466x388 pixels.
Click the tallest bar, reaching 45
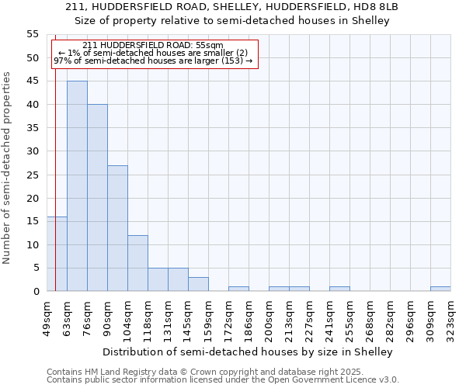(77, 186)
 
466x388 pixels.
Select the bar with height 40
(97, 198)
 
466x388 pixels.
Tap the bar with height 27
(117, 228)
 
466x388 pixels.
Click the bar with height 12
(137, 263)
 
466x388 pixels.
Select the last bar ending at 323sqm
(440, 289)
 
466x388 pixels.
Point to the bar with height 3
(198, 284)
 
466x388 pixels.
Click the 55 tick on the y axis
(32, 34)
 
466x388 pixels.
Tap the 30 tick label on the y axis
(32, 151)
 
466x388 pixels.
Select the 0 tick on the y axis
(35, 292)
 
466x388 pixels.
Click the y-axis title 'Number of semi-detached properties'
(7, 167)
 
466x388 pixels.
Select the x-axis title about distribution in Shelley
(248, 352)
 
